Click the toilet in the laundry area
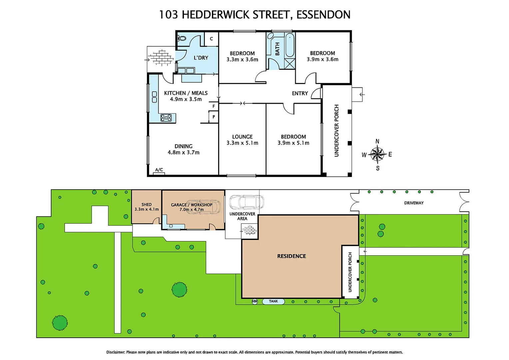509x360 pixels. point(182,38)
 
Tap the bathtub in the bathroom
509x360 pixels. point(289,45)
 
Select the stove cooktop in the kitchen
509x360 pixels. point(166,118)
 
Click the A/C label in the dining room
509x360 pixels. point(159,170)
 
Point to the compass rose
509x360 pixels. point(377,154)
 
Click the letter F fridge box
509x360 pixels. point(214,106)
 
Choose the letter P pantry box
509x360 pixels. point(214,117)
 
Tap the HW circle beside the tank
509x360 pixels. point(255,301)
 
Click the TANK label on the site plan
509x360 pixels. point(273,301)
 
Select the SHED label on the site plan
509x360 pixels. point(146,205)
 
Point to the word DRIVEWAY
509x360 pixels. point(414,203)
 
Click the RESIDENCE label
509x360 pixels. point(291,256)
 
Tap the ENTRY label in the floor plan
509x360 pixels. point(300,93)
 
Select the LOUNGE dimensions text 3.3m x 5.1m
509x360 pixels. point(242,143)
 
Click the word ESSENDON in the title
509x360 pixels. point(323,15)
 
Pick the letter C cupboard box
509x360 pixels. point(211,39)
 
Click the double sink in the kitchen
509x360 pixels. point(154,97)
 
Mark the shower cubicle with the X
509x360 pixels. point(289,64)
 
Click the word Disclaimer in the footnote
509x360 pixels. point(115,352)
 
